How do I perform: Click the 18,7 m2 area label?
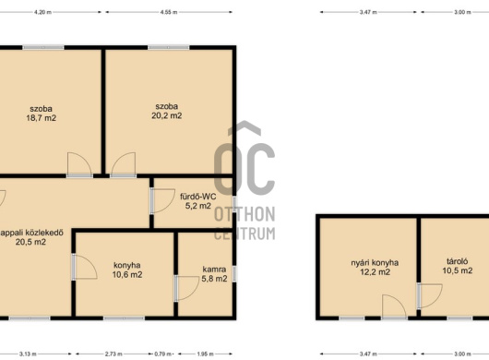pyautogui.click(x=42, y=118)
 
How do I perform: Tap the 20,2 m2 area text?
pyautogui.click(x=166, y=115)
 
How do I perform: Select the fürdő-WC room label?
pyautogui.click(x=198, y=197)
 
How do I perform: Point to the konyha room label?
pyautogui.click(x=127, y=266)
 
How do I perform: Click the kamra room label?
pyautogui.click(x=214, y=270)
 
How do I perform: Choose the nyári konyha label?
pyautogui.click(x=375, y=263)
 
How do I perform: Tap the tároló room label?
pyautogui.click(x=458, y=261)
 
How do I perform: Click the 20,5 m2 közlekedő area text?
pyautogui.click(x=30, y=242)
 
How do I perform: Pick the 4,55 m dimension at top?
pyautogui.click(x=169, y=12)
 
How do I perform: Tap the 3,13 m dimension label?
pyautogui.click(x=28, y=354)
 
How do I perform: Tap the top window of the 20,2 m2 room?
pyautogui.click(x=169, y=48)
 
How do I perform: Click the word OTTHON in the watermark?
pyautogui.click(x=244, y=214)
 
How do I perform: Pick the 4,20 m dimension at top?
pyautogui.click(x=42, y=12)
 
